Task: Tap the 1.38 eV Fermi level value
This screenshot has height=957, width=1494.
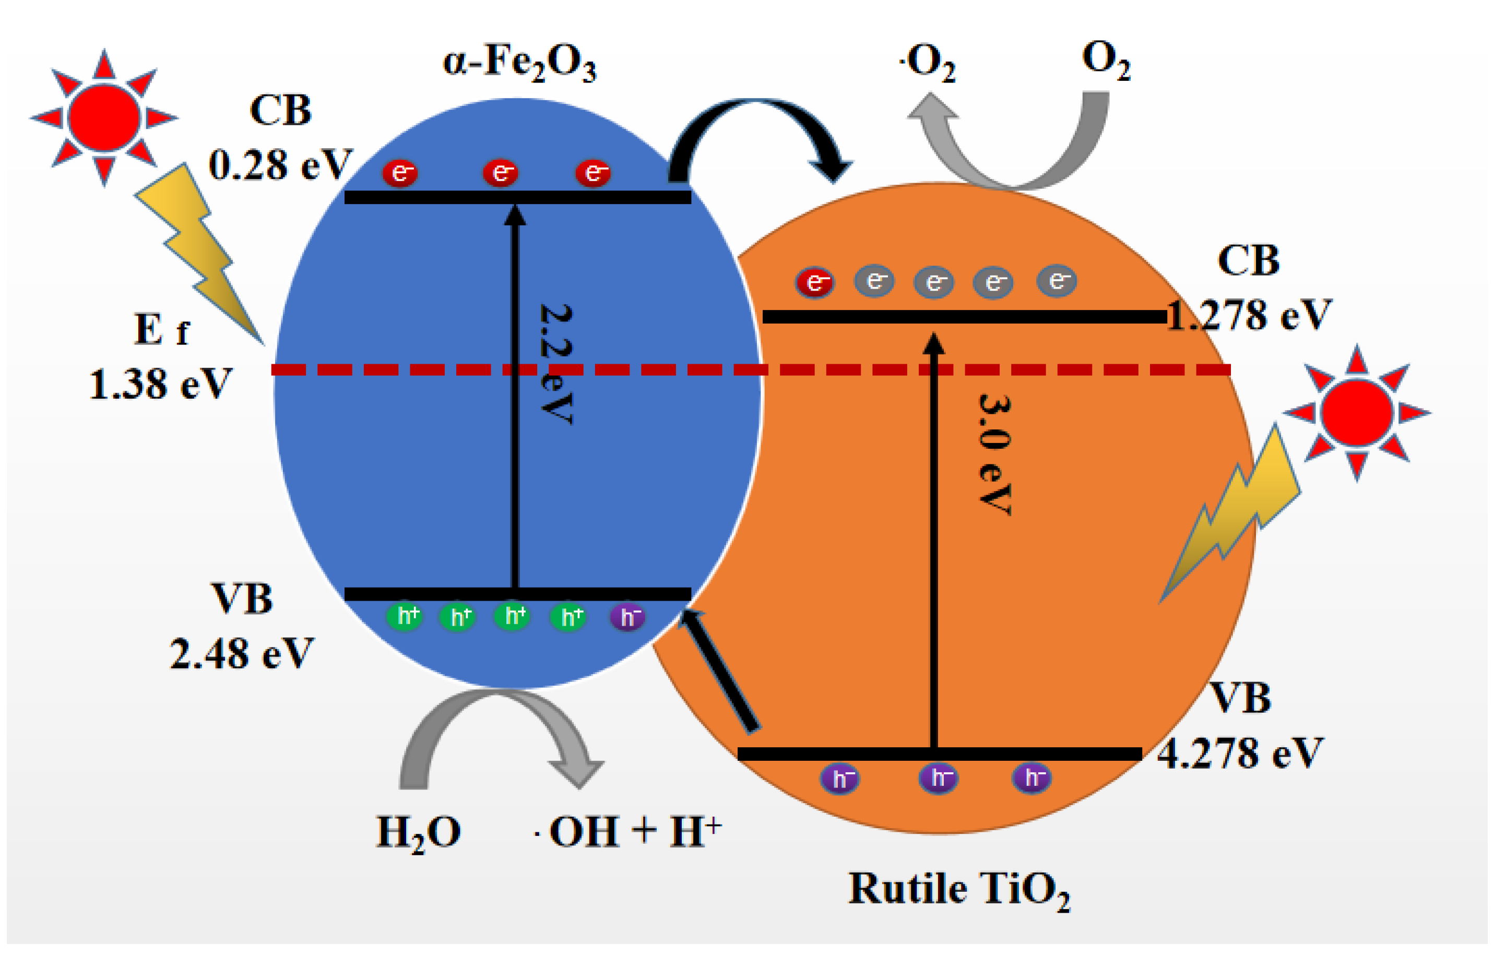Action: coord(160,384)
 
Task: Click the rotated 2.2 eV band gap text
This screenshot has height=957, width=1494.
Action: coord(555,364)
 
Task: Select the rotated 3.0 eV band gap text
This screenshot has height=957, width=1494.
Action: coord(994,453)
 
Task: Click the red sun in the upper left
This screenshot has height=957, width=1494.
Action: coord(104,117)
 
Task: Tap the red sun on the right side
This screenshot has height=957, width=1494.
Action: coord(1357,413)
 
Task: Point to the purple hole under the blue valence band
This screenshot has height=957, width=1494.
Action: coord(628,617)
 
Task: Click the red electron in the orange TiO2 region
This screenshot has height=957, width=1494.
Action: coord(814,283)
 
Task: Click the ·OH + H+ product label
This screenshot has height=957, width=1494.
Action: coord(628,831)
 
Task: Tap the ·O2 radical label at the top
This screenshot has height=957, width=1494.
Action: coord(927,63)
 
